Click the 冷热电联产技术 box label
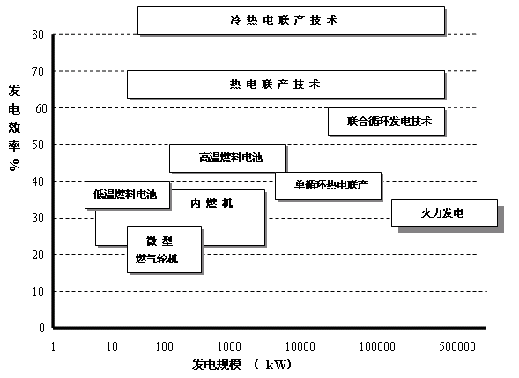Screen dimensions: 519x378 click(x=284, y=20)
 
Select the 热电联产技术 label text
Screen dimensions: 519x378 click(x=275, y=85)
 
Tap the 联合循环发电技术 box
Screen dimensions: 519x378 click(x=386, y=122)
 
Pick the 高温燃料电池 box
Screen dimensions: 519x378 click(x=227, y=158)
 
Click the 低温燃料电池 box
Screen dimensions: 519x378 click(x=128, y=195)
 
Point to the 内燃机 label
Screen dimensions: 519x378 click(x=211, y=203)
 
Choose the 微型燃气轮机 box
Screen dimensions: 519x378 click(x=165, y=250)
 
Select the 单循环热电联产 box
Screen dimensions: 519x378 click(x=329, y=186)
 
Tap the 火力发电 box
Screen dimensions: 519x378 click(x=444, y=213)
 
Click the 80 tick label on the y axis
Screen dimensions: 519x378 click(x=38, y=34)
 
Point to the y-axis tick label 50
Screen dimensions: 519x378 click(x=38, y=145)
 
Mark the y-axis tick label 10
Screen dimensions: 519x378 click(x=38, y=292)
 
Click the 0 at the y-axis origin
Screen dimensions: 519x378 click(x=41, y=328)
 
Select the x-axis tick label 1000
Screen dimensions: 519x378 click(x=229, y=346)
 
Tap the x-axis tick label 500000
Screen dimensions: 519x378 click(x=457, y=346)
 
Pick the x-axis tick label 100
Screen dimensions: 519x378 click(x=165, y=346)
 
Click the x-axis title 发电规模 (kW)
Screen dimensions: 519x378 click(x=242, y=365)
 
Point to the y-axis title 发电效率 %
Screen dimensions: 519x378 click(x=14, y=128)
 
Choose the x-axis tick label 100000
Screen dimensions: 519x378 click(x=377, y=346)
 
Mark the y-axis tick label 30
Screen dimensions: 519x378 click(x=38, y=218)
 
